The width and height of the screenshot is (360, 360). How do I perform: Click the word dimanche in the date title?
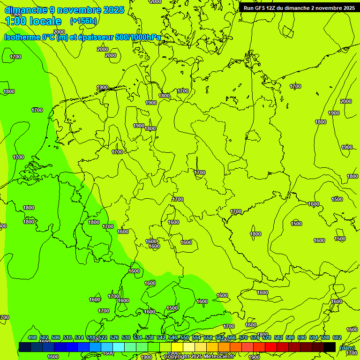(x=26, y=10)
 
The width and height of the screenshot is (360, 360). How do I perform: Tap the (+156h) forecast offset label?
(x=83, y=21)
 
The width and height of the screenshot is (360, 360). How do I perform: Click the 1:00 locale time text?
(x=33, y=21)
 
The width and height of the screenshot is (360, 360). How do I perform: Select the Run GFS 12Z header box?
(x=299, y=8)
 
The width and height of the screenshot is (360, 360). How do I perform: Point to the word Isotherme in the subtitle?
(x=23, y=37)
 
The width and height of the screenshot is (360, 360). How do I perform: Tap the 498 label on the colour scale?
(x=32, y=337)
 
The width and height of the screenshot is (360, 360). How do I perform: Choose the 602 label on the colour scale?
(x=337, y=337)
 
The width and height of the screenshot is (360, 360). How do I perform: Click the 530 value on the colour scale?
(x=126, y=337)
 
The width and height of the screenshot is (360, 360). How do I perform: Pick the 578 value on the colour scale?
(x=267, y=337)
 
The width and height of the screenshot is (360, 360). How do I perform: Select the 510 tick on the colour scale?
(x=67, y=337)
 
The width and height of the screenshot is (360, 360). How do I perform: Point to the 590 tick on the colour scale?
(x=302, y=337)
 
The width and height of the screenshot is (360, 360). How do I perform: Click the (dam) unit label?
(x=347, y=348)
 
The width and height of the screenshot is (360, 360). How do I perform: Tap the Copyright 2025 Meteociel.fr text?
(x=199, y=357)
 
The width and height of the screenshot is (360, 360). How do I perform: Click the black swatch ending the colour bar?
(x=330, y=347)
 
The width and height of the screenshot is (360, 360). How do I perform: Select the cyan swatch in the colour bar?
(x=119, y=347)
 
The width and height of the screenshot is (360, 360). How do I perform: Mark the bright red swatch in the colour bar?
(x=271, y=347)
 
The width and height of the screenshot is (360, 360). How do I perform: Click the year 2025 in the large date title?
(x=112, y=10)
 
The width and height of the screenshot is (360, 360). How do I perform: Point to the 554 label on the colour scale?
(x=196, y=337)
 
